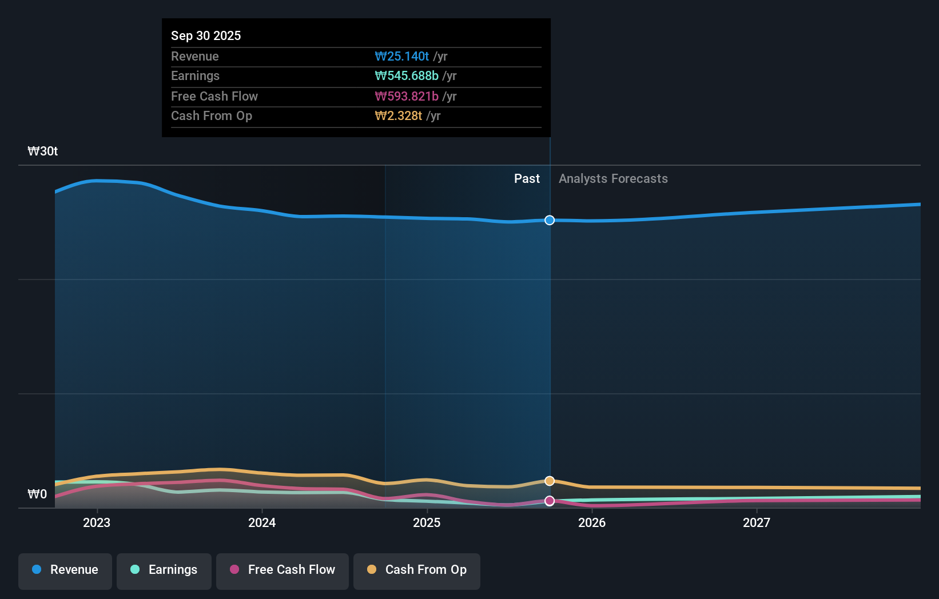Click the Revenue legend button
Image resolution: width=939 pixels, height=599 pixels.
pyautogui.click(x=65, y=570)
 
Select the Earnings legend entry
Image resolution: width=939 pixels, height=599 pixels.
pyautogui.click(x=164, y=570)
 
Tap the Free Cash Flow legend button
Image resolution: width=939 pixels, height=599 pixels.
pyautogui.click(x=283, y=570)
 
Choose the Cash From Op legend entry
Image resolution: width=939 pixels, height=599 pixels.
pyautogui.click(x=417, y=570)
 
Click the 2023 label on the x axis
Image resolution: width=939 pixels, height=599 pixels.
pyautogui.click(x=97, y=522)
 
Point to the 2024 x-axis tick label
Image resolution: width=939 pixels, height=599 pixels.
pyautogui.click(x=262, y=522)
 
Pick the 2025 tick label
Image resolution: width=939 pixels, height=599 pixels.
pyautogui.click(x=427, y=522)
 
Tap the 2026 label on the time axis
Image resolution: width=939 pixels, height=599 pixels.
pyautogui.click(x=592, y=522)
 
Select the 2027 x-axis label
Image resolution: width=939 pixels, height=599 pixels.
pyautogui.click(x=757, y=522)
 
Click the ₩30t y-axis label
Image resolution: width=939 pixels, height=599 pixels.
pyautogui.click(x=43, y=151)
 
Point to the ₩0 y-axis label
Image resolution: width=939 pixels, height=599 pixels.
pyautogui.click(x=38, y=494)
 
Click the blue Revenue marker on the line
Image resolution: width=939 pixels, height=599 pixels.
pyautogui.click(x=550, y=220)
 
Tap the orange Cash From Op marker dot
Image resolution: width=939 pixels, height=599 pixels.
pyautogui.click(x=550, y=481)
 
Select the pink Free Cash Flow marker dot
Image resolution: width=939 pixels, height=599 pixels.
pyautogui.click(x=550, y=501)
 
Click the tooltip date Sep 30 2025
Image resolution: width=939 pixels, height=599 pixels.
pyautogui.click(x=206, y=35)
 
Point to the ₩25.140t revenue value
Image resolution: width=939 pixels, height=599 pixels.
pyautogui.click(x=401, y=56)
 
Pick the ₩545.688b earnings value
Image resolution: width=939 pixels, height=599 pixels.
pyautogui.click(x=407, y=76)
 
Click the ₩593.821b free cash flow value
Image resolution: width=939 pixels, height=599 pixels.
pyautogui.click(x=407, y=96)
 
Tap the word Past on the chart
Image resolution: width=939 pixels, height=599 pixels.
pyautogui.click(x=527, y=179)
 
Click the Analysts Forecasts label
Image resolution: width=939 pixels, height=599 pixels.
pyautogui.click(x=613, y=179)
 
